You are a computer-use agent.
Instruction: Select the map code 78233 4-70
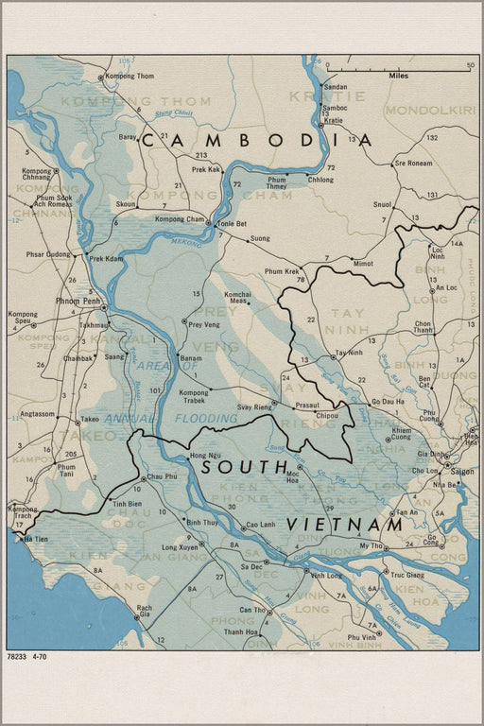tap(27, 656)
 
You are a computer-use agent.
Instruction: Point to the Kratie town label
tap(333, 121)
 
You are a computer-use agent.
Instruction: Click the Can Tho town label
tap(252, 610)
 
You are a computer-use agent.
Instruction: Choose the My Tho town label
tap(371, 546)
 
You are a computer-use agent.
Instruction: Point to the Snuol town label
tap(382, 203)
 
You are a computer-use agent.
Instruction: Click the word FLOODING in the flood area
tap(205, 418)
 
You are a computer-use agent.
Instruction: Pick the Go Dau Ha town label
tap(387, 402)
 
